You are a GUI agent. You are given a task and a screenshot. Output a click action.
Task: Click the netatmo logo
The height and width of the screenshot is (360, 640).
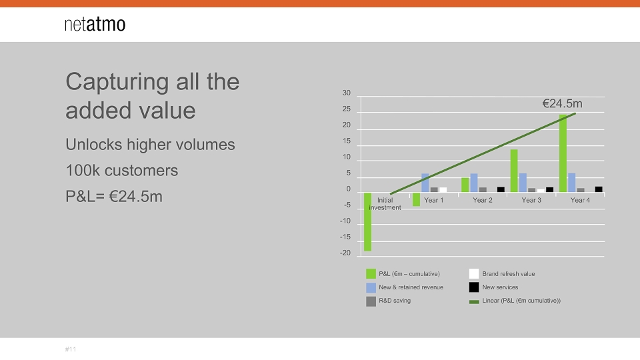95,24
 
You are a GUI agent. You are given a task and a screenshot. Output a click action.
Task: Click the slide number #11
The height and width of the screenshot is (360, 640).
71,349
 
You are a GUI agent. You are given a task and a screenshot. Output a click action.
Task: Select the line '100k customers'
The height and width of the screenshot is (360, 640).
121,171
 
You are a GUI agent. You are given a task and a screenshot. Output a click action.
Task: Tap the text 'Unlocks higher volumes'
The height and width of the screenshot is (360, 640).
150,145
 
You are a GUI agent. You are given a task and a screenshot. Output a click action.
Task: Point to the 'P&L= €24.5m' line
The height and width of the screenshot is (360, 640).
114,196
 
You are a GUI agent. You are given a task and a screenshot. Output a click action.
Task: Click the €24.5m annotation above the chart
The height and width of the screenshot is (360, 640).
562,104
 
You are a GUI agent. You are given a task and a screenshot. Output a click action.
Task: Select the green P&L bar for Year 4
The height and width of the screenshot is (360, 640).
563,153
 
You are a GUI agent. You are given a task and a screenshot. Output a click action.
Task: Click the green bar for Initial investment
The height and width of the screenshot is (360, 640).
368,221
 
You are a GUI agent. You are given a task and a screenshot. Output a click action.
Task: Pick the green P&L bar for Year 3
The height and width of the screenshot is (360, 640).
514,171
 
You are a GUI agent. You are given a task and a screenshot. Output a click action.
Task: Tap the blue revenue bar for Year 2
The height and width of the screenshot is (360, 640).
474,183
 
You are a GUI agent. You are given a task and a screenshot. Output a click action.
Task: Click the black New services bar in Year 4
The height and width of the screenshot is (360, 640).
599,189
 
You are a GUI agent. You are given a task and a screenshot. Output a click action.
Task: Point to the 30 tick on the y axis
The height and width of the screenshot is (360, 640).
347,93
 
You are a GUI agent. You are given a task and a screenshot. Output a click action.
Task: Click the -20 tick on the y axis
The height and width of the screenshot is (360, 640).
345,253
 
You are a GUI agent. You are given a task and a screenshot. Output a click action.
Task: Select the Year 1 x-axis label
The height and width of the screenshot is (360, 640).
433,200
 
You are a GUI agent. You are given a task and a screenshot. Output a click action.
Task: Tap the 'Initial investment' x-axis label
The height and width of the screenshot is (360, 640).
385,204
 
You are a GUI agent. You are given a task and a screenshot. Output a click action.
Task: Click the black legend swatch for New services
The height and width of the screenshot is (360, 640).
474,287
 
